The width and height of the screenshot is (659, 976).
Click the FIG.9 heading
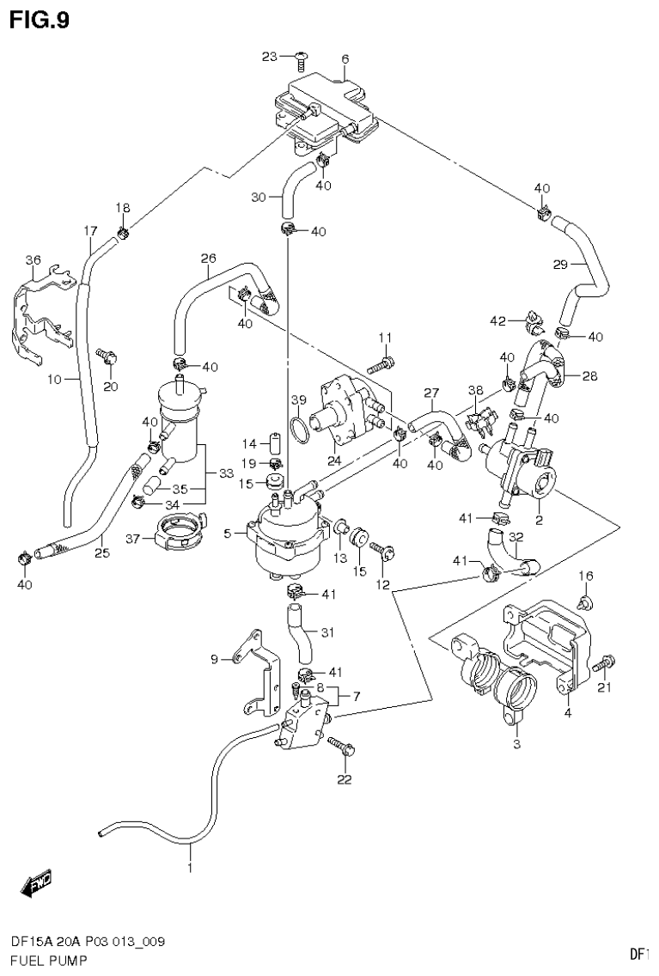click(40, 19)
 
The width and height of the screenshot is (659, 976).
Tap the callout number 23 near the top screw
click(271, 57)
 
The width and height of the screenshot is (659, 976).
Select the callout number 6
click(345, 59)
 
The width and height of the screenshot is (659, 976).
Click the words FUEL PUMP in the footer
click(43, 959)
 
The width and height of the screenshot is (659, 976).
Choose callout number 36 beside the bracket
click(33, 260)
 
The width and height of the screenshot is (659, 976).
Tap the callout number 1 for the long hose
click(190, 868)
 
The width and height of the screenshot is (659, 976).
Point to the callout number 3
click(516, 744)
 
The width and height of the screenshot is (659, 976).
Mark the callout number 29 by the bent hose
click(560, 265)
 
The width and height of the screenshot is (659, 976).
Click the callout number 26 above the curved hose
click(208, 257)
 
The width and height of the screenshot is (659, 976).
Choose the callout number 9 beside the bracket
click(215, 659)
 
